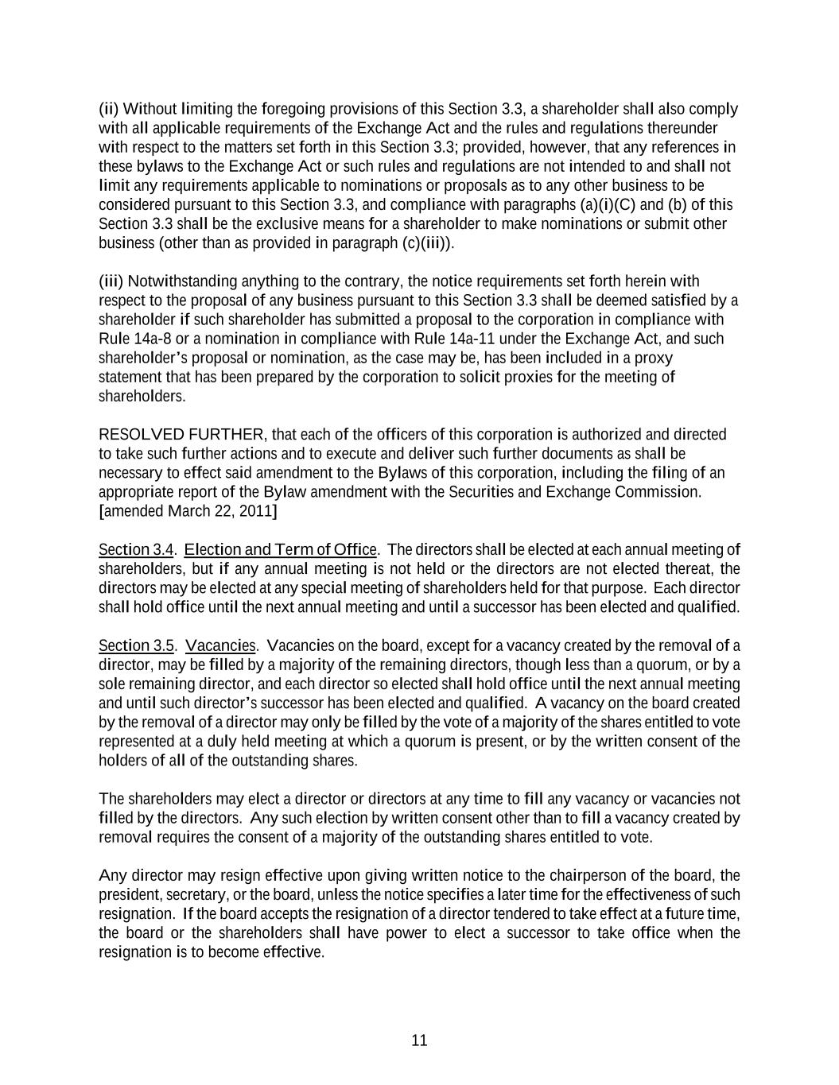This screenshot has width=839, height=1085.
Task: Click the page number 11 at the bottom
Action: pyautogui.click(x=420, y=1040)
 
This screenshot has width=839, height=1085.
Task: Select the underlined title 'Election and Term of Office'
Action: pyautogui.click(x=280, y=550)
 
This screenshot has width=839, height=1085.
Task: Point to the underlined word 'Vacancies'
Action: pyautogui.click(x=220, y=645)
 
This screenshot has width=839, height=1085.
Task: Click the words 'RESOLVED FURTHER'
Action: pyautogui.click(x=181, y=435)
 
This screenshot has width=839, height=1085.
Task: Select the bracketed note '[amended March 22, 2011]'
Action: pyautogui.click(x=188, y=511)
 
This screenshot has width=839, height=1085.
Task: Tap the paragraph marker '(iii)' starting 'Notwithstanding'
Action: pyautogui.click(x=111, y=281)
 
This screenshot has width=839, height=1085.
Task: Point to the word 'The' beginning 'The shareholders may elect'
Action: pyautogui.click(x=111, y=799)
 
